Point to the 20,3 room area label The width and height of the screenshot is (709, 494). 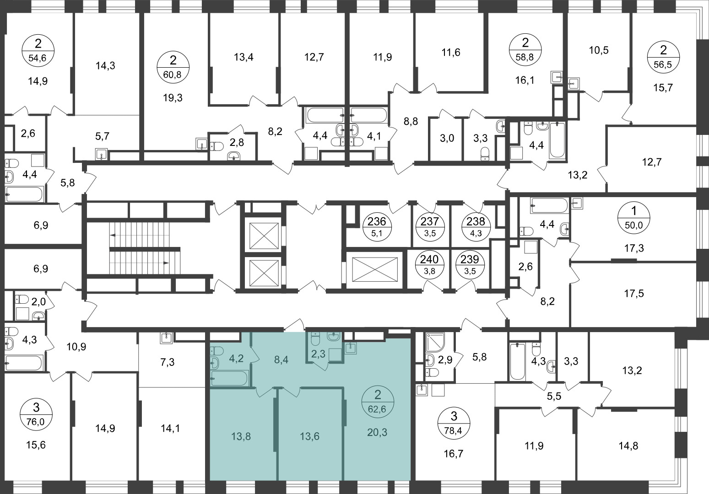tap(377, 432)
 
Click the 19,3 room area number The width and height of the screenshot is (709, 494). tap(173, 98)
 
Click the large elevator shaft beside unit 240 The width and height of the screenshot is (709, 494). tap(374, 269)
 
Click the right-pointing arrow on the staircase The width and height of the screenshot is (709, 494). tap(166, 263)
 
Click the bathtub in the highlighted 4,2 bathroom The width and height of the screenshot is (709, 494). tap(229, 379)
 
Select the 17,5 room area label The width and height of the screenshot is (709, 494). tap(633, 293)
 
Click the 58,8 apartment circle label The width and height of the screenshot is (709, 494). tap(525, 50)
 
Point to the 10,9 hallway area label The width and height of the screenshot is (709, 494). tap(76, 347)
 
